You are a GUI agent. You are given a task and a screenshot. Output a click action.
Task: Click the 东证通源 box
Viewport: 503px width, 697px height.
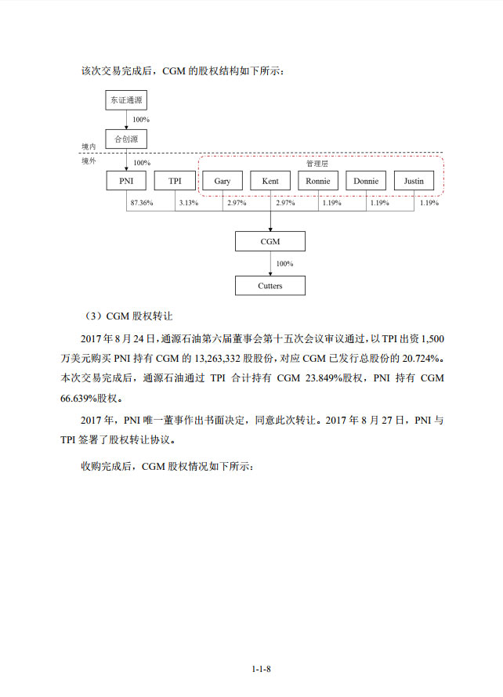(x=126, y=100)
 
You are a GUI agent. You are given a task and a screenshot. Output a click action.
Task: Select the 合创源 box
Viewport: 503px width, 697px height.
(x=126, y=139)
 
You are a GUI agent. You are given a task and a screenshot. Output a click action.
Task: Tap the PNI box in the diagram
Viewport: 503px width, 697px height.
(x=126, y=181)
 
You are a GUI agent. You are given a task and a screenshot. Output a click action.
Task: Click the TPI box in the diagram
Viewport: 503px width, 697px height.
(x=175, y=181)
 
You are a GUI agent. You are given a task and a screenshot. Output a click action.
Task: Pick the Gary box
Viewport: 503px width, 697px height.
(x=223, y=181)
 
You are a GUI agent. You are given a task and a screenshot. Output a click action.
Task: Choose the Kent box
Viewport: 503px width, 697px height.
(x=270, y=181)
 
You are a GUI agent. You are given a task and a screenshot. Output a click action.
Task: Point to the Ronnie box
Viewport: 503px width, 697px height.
(x=318, y=181)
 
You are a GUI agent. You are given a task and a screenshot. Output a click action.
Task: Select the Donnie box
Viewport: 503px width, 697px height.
(x=366, y=181)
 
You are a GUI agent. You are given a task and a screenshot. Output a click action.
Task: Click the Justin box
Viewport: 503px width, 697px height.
(x=414, y=181)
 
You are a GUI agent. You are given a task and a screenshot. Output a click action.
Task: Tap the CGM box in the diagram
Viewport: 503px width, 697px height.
(x=270, y=241)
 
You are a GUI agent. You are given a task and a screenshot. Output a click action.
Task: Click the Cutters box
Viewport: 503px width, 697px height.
(x=270, y=286)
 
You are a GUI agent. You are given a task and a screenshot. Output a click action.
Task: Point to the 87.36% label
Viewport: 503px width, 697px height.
(x=142, y=203)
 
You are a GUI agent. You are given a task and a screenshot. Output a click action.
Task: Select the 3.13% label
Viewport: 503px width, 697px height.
(x=189, y=203)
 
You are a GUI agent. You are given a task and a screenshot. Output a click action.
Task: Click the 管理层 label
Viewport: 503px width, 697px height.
(x=317, y=164)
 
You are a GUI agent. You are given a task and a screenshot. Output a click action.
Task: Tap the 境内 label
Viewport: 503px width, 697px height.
(x=89, y=146)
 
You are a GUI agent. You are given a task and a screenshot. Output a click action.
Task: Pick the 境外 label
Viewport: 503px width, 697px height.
(x=89, y=161)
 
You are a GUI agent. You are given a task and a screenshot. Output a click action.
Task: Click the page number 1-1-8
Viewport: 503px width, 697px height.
(x=262, y=669)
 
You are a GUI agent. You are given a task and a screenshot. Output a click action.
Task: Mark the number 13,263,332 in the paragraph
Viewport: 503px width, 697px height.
(x=218, y=358)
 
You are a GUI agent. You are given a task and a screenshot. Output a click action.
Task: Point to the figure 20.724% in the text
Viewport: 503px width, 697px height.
(x=420, y=358)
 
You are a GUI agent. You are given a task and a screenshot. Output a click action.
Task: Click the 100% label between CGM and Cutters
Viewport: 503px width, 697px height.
(x=284, y=264)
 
